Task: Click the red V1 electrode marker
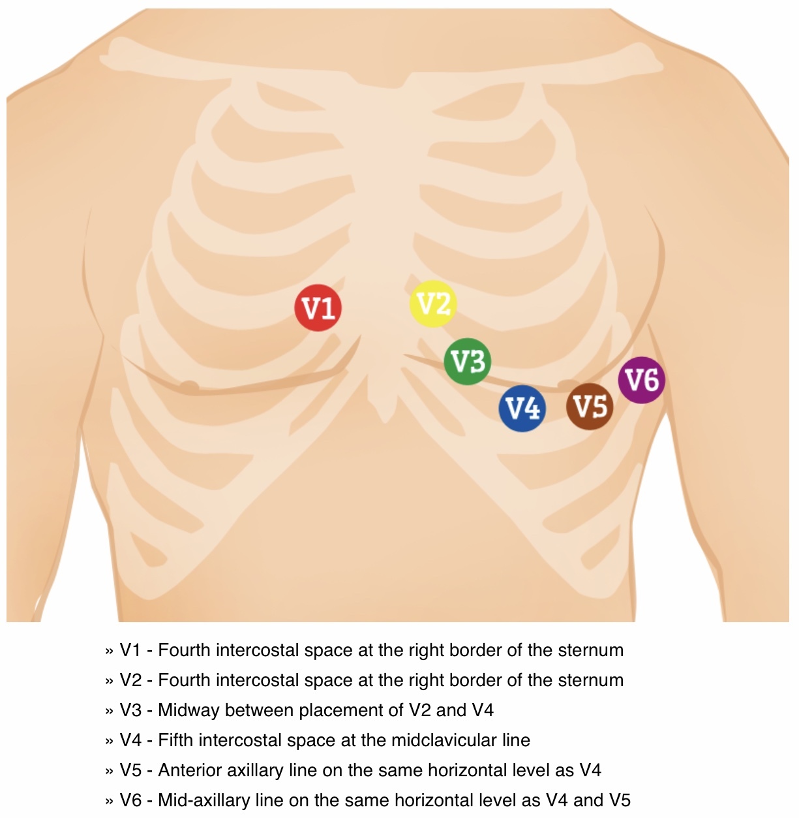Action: (318, 307)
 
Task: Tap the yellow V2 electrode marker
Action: (432, 304)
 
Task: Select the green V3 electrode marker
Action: (468, 361)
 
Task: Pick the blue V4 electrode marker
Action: (522, 408)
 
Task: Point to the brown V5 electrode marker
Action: (590, 406)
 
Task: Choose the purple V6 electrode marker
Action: (642, 379)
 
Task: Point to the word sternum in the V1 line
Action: (591, 650)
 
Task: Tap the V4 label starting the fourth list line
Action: (130, 740)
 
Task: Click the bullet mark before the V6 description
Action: (109, 801)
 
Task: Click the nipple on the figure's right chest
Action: (189, 386)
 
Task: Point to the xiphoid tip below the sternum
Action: (384, 412)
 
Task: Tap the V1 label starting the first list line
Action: (130, 650)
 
